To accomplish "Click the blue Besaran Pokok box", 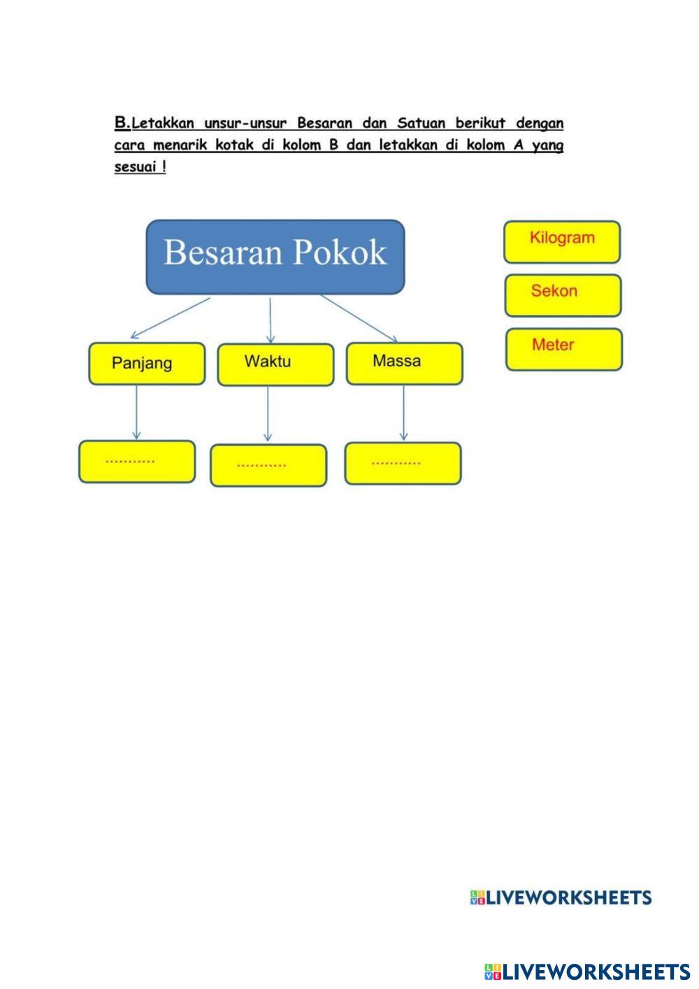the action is (275, 257).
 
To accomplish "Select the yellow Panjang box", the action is (147, 364).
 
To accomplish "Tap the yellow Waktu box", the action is (275, 364).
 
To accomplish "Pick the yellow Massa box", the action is (404, 363).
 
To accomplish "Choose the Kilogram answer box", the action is (562, 242).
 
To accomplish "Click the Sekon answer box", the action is (563, 295).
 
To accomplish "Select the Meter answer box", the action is (563, 349).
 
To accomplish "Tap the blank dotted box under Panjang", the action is (137, 462).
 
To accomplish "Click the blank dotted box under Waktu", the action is (268, 465).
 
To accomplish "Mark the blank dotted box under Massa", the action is (403, 463).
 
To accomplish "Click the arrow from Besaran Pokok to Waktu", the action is (271, 319).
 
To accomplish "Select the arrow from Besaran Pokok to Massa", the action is (359, 318).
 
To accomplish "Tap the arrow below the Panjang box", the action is (136, 412).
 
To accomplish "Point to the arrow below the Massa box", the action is (403, 413).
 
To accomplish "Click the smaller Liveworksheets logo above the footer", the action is (561, 898).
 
